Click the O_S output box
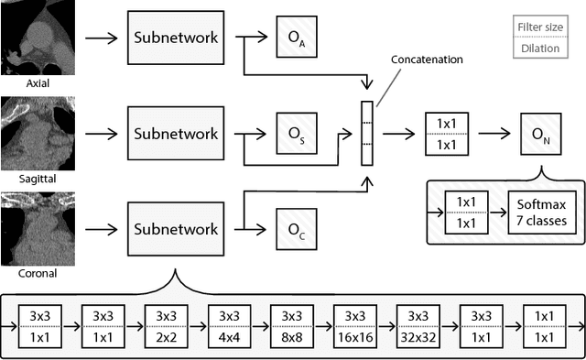(x=297, y=134)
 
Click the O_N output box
(x=540, y=134)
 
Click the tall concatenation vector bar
(x=368, y=134)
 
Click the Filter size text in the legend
(x=540, y=29)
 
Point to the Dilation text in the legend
(x=540, y=48)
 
